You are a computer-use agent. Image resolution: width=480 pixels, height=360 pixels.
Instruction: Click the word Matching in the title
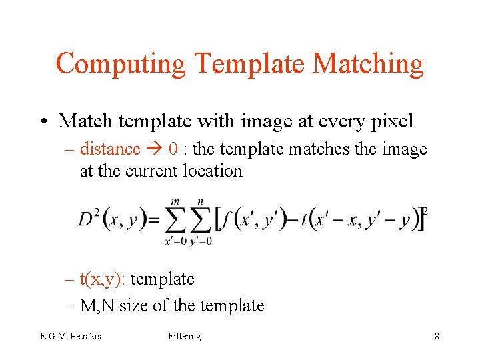(367, 64)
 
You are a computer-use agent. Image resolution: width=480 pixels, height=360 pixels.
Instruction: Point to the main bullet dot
(43, 121)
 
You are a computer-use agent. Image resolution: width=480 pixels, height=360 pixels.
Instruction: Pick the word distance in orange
(110, 149)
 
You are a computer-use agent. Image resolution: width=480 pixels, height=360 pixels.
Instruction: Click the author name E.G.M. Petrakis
(70, 336)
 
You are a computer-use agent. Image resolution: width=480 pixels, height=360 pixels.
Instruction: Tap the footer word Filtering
(185, 336)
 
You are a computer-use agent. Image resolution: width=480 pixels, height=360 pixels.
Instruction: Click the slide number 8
(437, 336)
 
